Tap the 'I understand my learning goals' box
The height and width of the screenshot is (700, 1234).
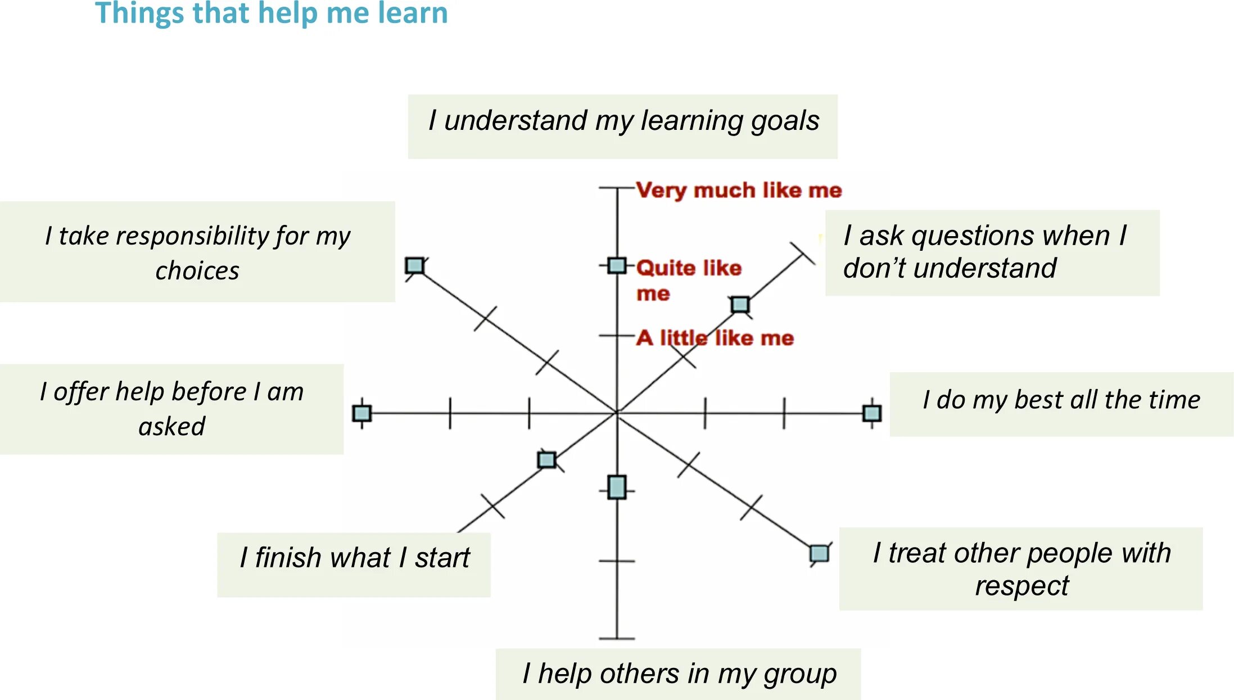[x=622, y=127]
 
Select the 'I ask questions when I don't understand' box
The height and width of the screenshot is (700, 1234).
[x=992, y=252]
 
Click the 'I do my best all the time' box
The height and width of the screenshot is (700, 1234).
[x=1061, y=404]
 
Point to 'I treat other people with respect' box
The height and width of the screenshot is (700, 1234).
[x=1020, y=568]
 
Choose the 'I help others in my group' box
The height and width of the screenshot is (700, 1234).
[x=678, y=674]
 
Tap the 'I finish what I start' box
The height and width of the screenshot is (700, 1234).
[x=354, y=564]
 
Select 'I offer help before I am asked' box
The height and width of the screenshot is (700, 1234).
[x=171, y=409]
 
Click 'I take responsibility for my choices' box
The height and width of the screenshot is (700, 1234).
[x=197, y=252]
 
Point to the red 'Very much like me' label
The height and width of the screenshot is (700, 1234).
[x=739, y=191]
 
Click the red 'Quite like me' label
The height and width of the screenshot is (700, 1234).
[x=688, y=279]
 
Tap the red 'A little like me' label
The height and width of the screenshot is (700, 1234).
[x=715, y=338]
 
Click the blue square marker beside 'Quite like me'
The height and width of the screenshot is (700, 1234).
[x=617, y=265]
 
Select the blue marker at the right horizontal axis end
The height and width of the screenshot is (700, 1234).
[x=871, y=413]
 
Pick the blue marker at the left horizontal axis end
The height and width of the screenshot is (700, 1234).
[x=361, y=413]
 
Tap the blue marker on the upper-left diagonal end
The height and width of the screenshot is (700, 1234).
[x=415, y=265]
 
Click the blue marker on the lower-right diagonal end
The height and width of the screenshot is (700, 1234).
[x=819, y=553]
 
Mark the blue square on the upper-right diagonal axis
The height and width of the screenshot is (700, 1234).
[x=740, y=305]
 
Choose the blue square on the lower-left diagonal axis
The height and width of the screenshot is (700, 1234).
[x=546, y=460]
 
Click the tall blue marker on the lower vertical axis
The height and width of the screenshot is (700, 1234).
[x=617, y=487]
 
